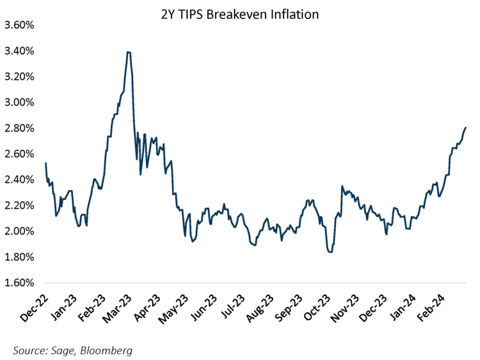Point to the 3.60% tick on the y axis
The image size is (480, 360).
coord(20,25)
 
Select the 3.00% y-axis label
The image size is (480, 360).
coord(20,102)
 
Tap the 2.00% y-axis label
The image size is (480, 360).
coord(20,231)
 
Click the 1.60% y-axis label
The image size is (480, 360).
coord(20,283)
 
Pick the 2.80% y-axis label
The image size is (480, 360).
coord(20,128)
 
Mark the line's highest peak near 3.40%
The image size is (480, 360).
coord(129,52)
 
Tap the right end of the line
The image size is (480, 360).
coord(465,128)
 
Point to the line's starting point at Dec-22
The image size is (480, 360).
coord(46,163)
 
